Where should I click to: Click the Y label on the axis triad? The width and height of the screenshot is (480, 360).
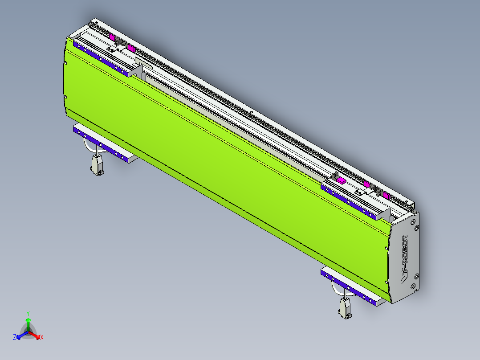[x=28, y=313]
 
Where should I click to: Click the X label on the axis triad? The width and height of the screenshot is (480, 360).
[x=41, y=338]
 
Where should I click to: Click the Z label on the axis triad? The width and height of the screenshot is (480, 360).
[x=15, y=337]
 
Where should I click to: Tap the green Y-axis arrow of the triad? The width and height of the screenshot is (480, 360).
[x=28, y=323]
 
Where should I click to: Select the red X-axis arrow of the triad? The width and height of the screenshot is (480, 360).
[x=35, y=335]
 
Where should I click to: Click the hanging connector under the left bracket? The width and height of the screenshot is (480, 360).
[x=98, y=166]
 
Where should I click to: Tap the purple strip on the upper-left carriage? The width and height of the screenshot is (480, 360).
[x=102, y=60]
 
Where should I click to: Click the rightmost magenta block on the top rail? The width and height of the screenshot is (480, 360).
[x=386, y=196]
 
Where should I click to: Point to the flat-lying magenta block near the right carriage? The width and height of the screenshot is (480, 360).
[x=341, y=180]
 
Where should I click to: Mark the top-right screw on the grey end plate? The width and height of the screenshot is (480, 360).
[x=416, y=228]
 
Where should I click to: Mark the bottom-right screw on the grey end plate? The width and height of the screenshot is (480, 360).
[x=416, y=288]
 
